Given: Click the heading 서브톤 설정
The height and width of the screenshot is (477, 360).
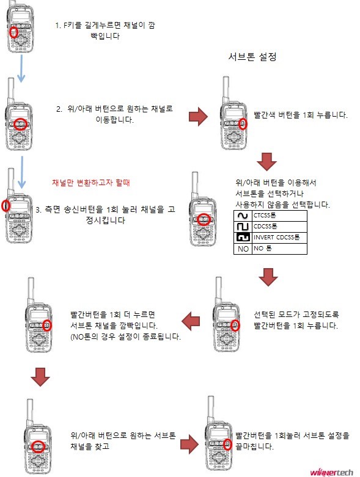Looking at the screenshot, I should tap(252, 57).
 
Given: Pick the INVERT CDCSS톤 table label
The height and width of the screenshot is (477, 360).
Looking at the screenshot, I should tap(276, 237).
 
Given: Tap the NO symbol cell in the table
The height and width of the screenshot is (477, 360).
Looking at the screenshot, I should tap(243, 249).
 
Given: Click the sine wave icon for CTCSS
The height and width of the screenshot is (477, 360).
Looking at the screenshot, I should tap(243, 216).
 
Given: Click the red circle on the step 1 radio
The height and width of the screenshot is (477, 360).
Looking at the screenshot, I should tap(13, 32).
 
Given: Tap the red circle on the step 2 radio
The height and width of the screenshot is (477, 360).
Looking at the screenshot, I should tap(21, 123).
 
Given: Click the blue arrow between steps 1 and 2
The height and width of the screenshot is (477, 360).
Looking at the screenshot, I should tap(21, 67).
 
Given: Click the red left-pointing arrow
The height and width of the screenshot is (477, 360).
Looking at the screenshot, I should tap(193, 318).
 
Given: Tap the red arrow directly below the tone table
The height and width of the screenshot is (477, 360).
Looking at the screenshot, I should tap(267, 278).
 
